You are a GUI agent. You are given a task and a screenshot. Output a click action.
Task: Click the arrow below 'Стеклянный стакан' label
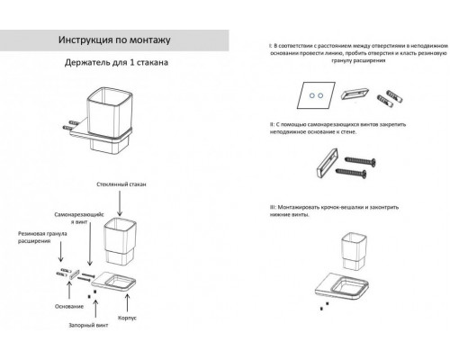pos(121,200)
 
